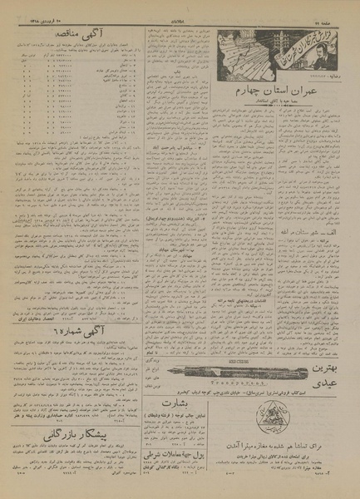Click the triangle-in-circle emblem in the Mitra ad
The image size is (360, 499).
[x=332, y=410]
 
